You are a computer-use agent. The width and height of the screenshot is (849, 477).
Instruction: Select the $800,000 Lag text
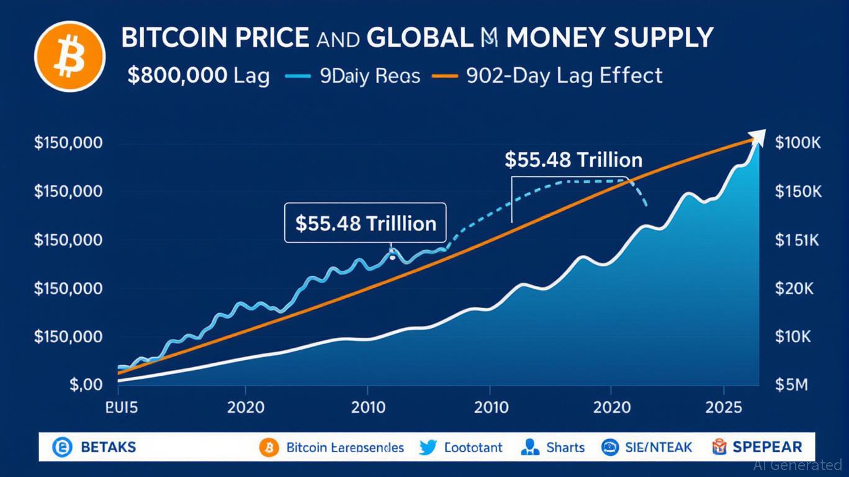pos(198,76)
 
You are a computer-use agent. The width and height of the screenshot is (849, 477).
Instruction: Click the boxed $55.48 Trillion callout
pos(365,223)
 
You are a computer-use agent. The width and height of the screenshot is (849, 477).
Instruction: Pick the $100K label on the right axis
pos(797,143)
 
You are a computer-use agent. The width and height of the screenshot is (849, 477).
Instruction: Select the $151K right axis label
pos(797,240)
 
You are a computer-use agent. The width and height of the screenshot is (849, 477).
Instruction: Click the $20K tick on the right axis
pos(795,289)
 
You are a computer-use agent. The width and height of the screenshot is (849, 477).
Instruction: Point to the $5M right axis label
pos(792,385)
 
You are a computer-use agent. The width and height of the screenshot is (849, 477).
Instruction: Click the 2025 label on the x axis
pos(723,408)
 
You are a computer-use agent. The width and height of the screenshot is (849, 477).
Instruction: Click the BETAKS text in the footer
pos(108,447)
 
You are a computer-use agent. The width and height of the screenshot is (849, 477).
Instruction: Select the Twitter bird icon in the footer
pos(429,447)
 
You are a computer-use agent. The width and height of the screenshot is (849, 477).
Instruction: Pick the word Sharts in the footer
pos(565,447)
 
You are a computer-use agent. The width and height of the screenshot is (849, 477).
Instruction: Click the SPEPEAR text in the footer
pos(767,447)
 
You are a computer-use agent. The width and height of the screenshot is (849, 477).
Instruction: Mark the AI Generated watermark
pos(797,465)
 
